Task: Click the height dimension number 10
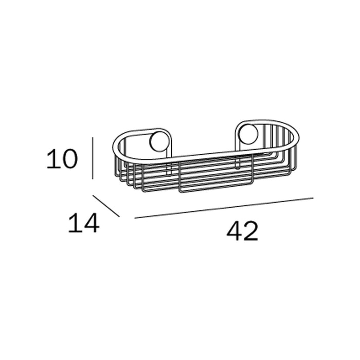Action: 62,158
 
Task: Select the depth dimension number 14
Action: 83,223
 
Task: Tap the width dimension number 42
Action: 242,231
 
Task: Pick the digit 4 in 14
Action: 92,223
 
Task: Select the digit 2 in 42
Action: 251,231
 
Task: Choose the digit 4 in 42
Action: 235,231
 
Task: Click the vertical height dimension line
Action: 93,158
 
